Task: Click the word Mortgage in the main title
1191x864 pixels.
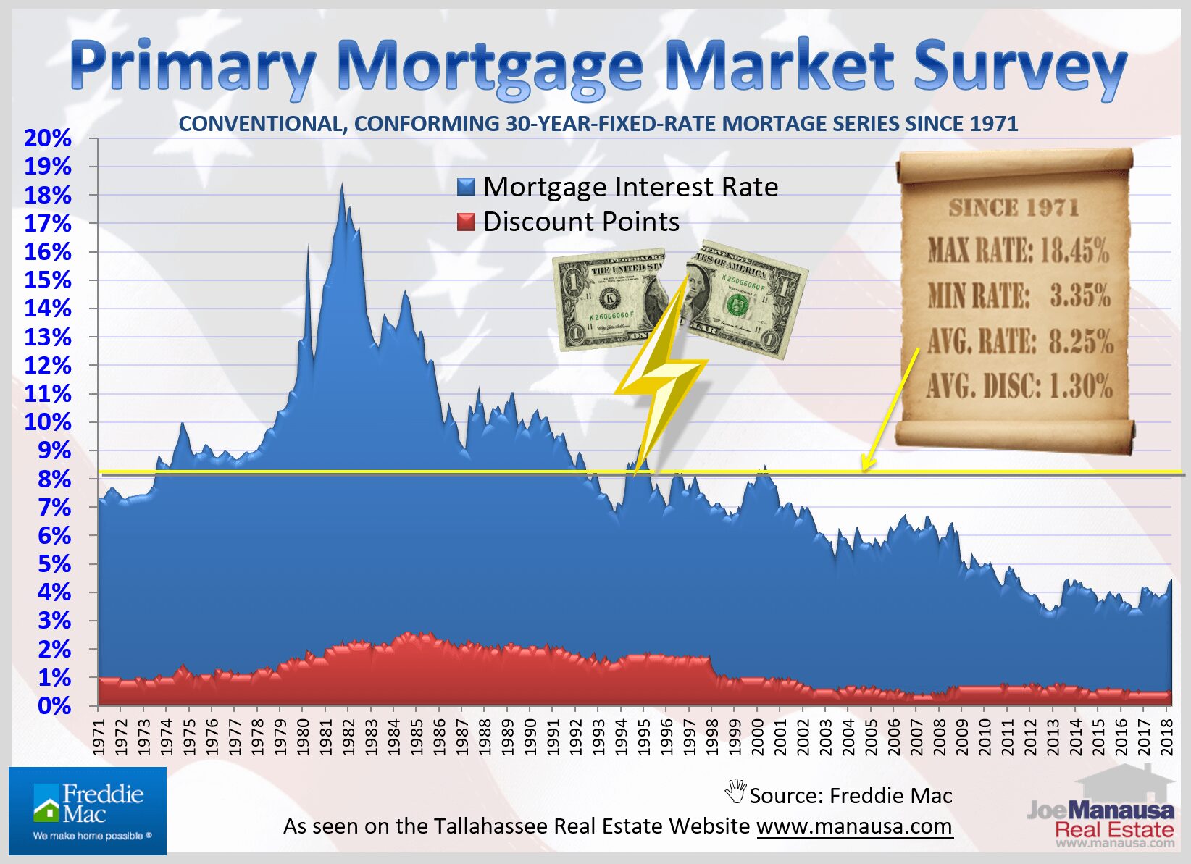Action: click(490, 67)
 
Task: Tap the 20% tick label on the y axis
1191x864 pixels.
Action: click(48, 138)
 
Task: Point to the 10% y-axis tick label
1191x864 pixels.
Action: click(48, 422)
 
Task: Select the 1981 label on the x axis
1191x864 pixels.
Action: click(326, 737)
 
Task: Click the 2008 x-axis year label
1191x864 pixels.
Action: click(940, 737)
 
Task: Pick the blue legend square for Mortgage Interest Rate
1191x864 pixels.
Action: click(466, 188)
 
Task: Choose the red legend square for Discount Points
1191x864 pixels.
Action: click(466, 222)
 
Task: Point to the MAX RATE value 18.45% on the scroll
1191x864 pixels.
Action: click(1074, 251)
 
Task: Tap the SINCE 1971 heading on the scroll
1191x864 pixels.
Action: click(1014, 209)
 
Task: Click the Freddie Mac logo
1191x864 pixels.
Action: click(88, 811)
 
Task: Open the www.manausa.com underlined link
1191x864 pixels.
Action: click(854, 826)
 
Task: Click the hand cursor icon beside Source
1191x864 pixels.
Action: click(735, 791)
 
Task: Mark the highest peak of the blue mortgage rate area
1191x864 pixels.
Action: click(342, 185)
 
